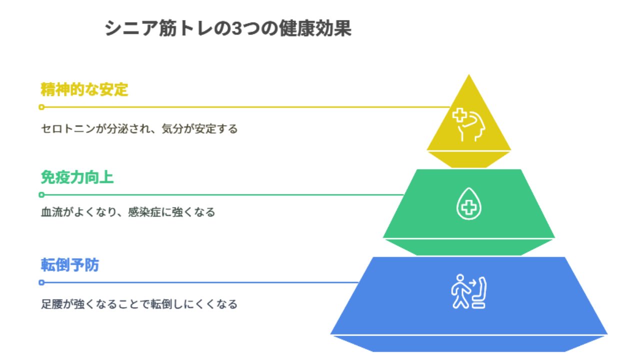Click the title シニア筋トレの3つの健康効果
point(228,28)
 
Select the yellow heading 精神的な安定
point(84,89)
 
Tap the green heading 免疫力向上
point(77,177)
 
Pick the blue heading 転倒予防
point(69,265)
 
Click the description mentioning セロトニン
point(139,129)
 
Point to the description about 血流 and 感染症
point(128,212)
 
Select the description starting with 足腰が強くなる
point(139,304)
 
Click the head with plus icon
point(469,125)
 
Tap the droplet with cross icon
point(469,203)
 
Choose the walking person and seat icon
point(468,291)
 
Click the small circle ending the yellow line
point(41,107)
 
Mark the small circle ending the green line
point(41,195)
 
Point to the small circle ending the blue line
point(41,282)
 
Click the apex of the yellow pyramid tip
point(469,75)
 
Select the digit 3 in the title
point(236,28)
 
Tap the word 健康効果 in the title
point(315,28)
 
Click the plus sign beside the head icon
point(459,115)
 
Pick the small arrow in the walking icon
point(472,283)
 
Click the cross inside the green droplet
point(469,207)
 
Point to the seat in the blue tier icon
point(479,292)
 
